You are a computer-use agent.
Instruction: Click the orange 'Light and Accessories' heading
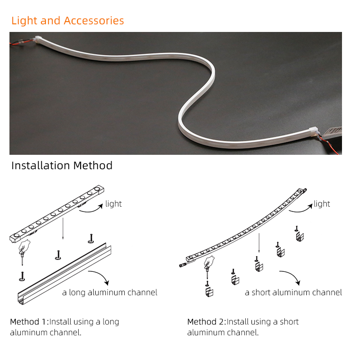(x=67, y=21)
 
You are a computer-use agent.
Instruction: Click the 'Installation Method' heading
(x=62, y=166)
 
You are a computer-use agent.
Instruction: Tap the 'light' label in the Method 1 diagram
(x=113, y=204)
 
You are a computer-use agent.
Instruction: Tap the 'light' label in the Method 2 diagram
(x=322, y=204)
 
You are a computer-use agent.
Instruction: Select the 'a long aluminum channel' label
(x=110, y=292)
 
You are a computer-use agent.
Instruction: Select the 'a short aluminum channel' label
(x=293, y=292)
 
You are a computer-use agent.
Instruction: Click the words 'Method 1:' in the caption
(x=29, y=322)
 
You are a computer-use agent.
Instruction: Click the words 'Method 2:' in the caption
(x=207, y=322)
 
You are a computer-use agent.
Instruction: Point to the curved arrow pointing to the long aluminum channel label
(x=101, y=274)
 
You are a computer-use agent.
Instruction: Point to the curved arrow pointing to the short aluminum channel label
(x=292, y=274)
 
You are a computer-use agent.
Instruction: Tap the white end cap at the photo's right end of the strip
(x=313, y=131)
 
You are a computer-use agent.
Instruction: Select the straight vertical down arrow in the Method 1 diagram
(x=63, y=229)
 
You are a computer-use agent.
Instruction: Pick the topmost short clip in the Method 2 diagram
(x=299, y=234)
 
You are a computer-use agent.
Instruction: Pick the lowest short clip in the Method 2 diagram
(x=209, y=289)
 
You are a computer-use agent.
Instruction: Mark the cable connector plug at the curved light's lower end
(x=184, y=265)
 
